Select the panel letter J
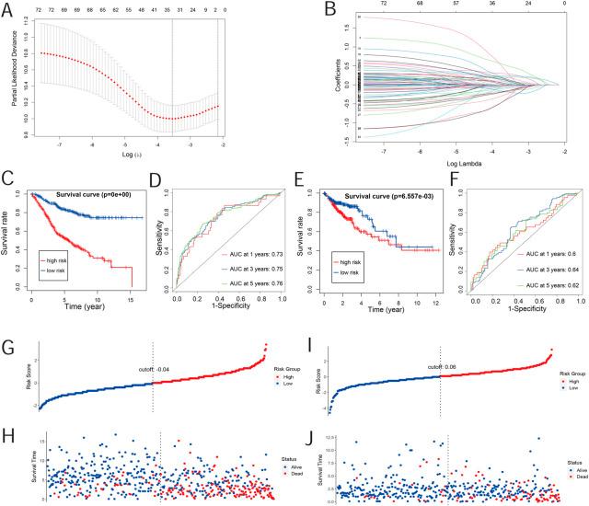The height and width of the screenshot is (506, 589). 305,426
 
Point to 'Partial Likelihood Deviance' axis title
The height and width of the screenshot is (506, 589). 16,83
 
